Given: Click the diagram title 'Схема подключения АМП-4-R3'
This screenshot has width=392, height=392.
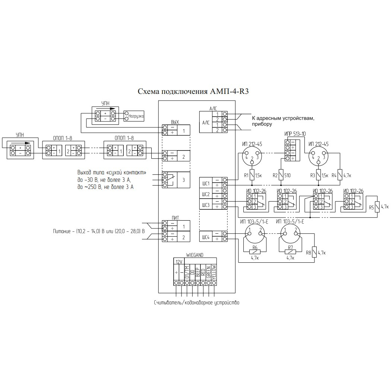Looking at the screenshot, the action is [193, 91].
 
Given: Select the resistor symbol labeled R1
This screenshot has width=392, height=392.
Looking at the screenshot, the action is [252, 175].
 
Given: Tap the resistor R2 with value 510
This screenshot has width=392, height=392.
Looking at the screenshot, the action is [281, 175].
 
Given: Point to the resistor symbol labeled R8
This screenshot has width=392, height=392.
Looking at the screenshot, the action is [314, 252].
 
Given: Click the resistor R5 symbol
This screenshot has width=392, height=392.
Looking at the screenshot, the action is [377, 207].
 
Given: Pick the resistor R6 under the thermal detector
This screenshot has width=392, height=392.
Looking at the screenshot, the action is [255, 252].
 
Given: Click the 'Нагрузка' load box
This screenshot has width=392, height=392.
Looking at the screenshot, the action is [134, 116].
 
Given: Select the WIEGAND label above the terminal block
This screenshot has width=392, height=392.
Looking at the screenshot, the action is [195, 255].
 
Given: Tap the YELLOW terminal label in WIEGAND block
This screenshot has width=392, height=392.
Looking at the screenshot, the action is [214, 272].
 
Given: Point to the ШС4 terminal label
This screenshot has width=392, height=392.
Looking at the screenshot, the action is [205, 237].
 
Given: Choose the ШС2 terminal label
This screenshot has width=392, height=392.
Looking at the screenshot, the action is [205, 194].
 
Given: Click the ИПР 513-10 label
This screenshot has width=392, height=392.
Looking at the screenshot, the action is [295, 134].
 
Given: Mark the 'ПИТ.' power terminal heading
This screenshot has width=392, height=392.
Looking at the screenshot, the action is [176, 218].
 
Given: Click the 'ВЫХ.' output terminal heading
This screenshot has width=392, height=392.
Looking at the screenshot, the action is [175, 122].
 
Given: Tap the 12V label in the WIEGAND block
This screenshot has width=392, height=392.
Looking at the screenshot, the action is [179, 262].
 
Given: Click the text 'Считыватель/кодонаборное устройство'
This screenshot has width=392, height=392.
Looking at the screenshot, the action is [196, 303].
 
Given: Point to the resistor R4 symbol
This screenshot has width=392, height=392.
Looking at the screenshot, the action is [340, 175].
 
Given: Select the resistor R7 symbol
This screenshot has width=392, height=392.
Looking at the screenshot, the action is [290, 252].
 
